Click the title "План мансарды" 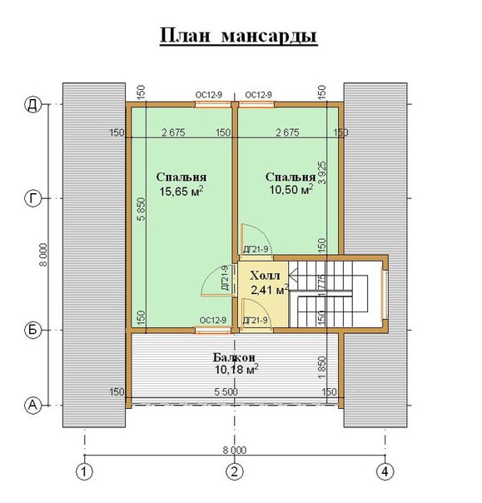pyautogui.click(x=239, y=36)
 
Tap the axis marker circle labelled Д pyautogui.click(x=33, y=105)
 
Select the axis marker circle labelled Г pyautogui.click(x=33, y=198)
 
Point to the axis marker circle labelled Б pyautogui.click(x=33, y=330)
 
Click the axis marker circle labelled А pyautogui.click(x=33, y=406)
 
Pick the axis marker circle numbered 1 pyautogui.click(x=84, y=472)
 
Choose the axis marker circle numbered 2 pyautogui.click(x=235, y=472)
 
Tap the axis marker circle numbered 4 pyautogui.click(x=385, y=472)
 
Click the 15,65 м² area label pyautogui.click(x=181, y=192)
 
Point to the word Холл pyautogui.click(x=265, y=276)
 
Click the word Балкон pyautogui.click(x=235, y=357)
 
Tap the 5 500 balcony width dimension pyautogui.click(x=226, y=392)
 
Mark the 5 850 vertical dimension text pyautogui.click(x=142, y=209)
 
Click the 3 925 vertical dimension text pyautogui.click(x=322, y=172)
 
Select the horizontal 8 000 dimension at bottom pyautogui.click(x=235, y=450)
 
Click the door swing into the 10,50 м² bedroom pyautogui.click(x=256, y=239)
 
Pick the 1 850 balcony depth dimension pyautogui.click(x=322, y=367)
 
